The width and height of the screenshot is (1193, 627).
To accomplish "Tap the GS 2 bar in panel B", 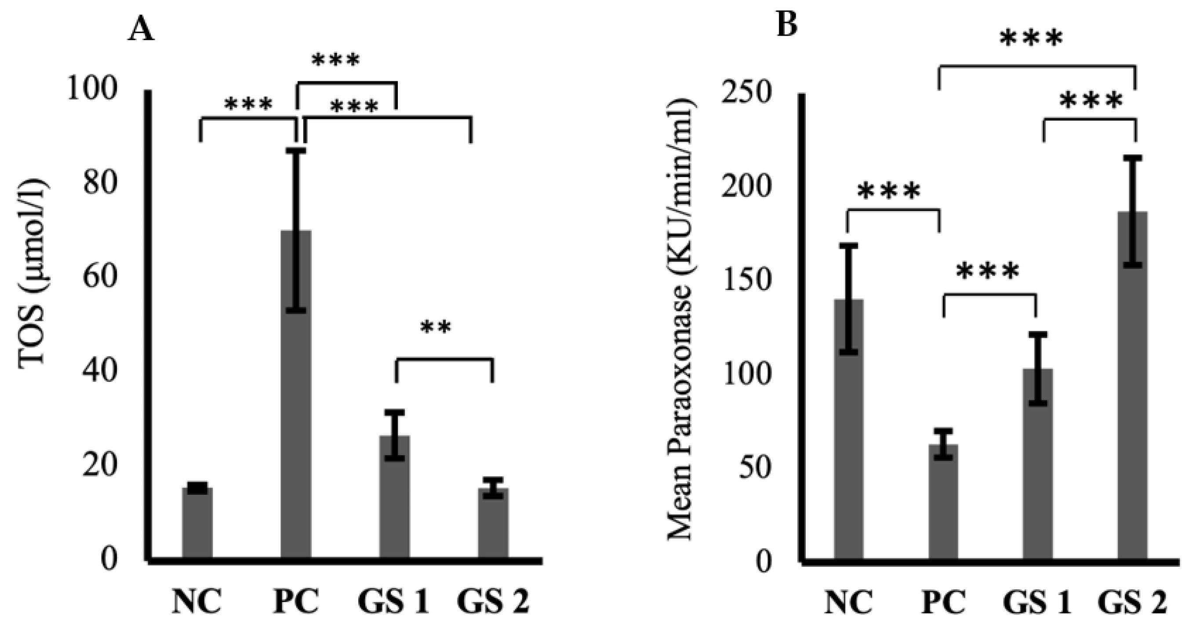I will pos(1132,394).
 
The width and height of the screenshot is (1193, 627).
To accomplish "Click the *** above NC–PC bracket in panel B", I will pos(889,192).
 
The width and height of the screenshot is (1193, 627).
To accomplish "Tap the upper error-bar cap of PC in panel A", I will pos(299,151).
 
